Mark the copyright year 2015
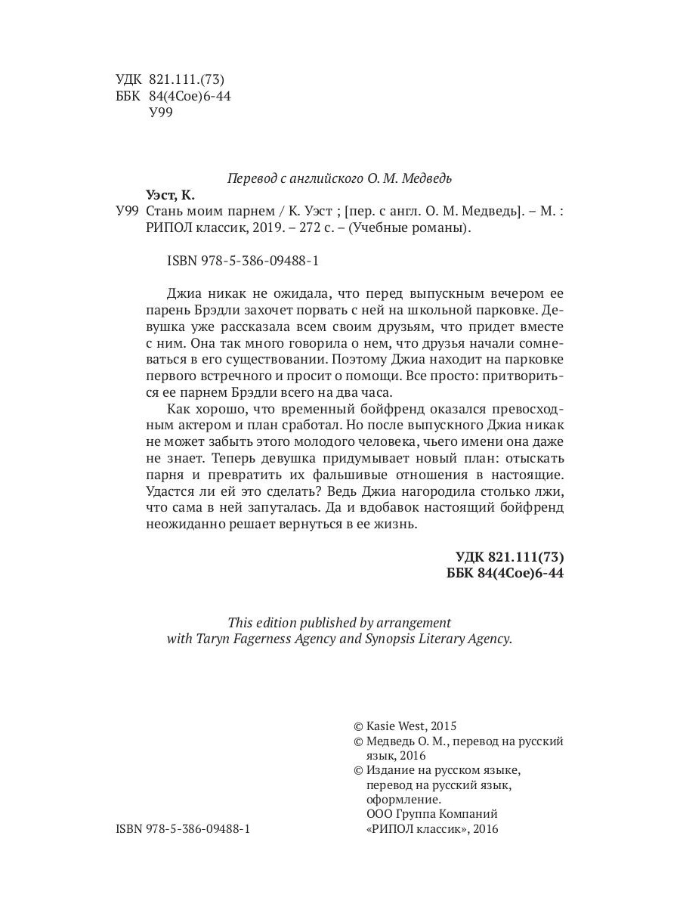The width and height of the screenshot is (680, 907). tap(442, 724)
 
